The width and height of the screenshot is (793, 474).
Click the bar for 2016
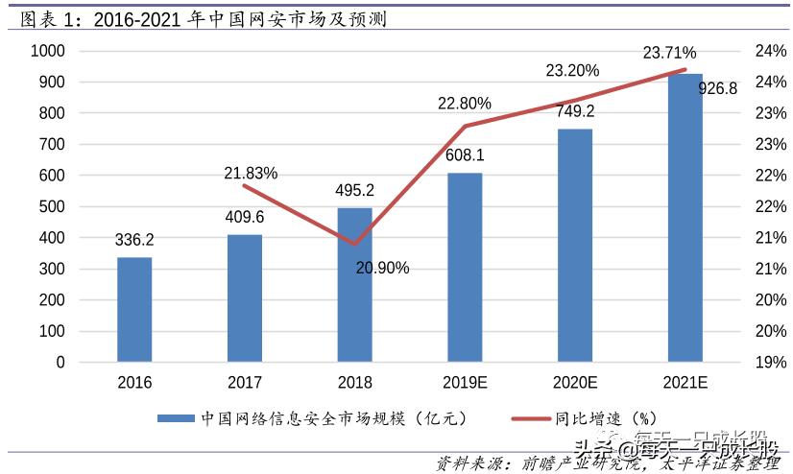click(x=134, y=309)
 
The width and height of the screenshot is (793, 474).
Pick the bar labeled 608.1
click(x=465, y=268)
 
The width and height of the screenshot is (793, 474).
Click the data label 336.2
click(x=134, y=240)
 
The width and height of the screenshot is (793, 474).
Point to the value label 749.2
click(x=575, y=111)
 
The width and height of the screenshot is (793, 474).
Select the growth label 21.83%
click(x=251, y=174)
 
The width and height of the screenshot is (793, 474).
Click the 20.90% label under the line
click(x=382, y=268)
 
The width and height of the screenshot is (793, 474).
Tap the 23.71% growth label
click(x=669, y=53)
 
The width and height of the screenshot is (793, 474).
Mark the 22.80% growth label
click(x=465, y=104)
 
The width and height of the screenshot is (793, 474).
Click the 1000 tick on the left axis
click(x=47, y=52)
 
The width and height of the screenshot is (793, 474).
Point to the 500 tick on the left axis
click(x=52, y=206)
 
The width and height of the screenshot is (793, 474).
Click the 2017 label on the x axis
click(x=245, y=383)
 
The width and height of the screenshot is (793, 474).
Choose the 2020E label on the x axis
click(x=575, y=383)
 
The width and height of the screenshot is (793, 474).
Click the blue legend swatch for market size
click(x=176, y=418)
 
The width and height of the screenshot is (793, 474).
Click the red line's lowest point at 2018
click(x=354, y=244)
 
